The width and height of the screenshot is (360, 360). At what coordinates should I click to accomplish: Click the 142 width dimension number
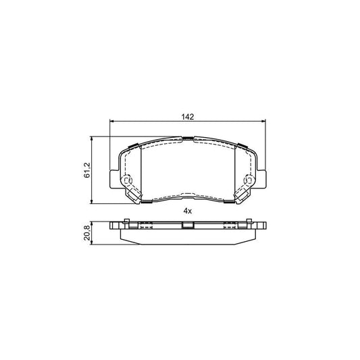click(x=188, y=116)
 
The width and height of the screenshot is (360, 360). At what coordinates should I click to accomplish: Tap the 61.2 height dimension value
click(x=86, y=170)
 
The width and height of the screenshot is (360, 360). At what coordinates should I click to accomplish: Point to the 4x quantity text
click(x=188, y=211)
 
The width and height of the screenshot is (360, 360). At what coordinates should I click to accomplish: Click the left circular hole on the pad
click(x=126, y=182)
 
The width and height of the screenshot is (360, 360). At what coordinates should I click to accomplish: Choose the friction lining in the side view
click(x=187, y=238)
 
